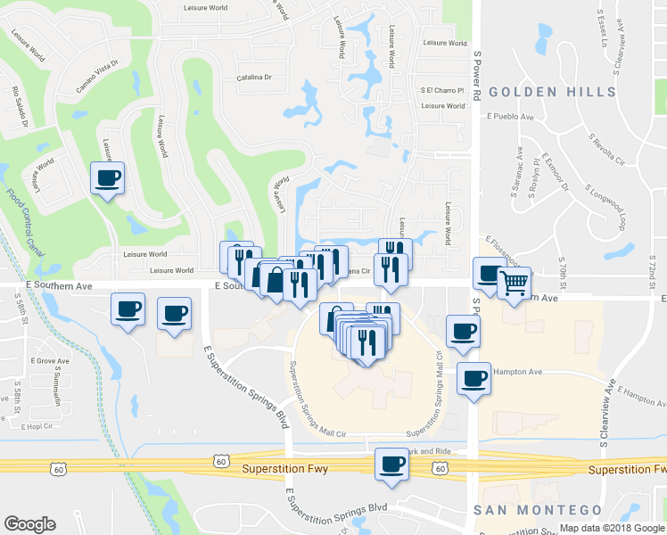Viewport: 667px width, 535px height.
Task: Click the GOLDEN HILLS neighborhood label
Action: pyautogui.click(x=552, y=92)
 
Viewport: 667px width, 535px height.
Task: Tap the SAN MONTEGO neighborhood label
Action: pyautogui.click(x=537, y=510)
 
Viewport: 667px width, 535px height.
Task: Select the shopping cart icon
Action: pyautogui.click(x=514, y=284)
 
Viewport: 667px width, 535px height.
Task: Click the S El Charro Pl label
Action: pyautogui.click(x=442, y=90)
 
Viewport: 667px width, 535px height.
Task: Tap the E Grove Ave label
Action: pyautogui.click(x=50, y=361)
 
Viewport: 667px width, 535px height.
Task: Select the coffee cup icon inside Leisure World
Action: pyautogui.click(x=107, y=177)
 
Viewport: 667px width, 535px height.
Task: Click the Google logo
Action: pyautogui.click(x=29, y=523)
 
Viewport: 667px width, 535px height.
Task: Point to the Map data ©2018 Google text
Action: pyautogui.click(x=611, y=528)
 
